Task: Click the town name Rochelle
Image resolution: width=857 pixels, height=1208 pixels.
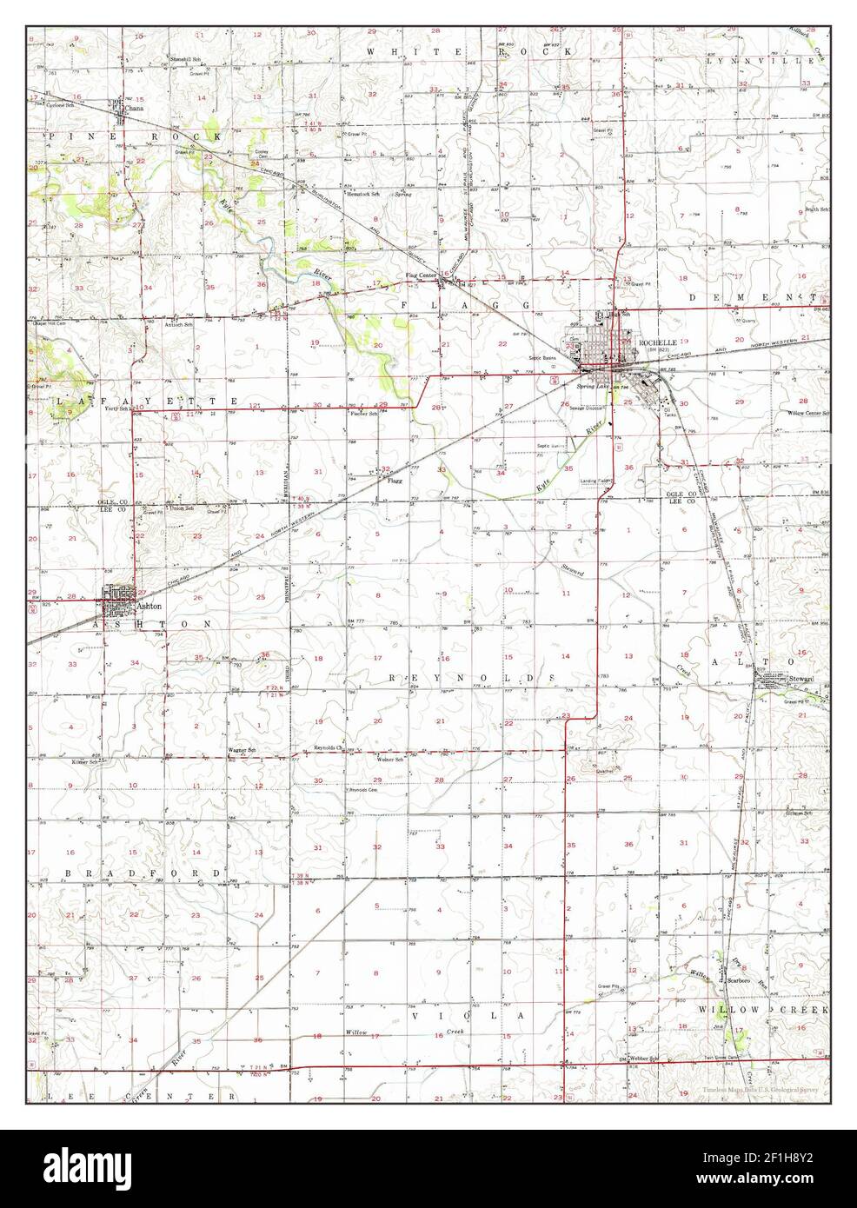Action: [656, 343]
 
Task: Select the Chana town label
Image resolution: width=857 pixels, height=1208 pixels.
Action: [134, 110]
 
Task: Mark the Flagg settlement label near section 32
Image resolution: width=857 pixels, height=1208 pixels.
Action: [396, 479]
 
